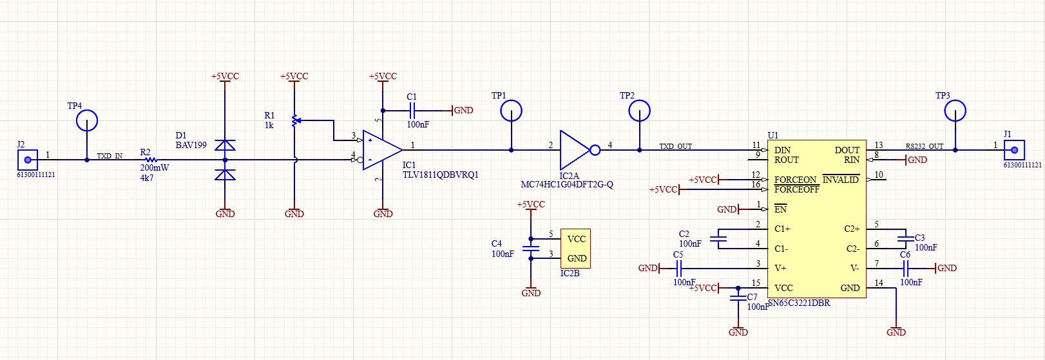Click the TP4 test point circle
coord(87,120)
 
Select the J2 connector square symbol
coord(27,159)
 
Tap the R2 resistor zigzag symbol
coord(151,160)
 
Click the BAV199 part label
coord(191,146)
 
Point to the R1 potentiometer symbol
coord(294,120)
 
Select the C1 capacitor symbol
coord(412,111)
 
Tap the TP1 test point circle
coord(511,111)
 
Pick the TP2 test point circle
coord(639,111)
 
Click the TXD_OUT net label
coord(675,146)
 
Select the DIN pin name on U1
coord(782,150)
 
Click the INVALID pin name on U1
coord(840,180)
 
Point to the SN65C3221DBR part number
coord(799,303)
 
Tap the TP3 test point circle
coord(955,111)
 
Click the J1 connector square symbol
coord(1014,150)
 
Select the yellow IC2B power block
coord(575,249)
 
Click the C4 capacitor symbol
coord(531,249)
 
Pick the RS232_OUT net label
coord(924,146)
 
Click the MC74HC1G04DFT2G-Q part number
coord(567,185)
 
